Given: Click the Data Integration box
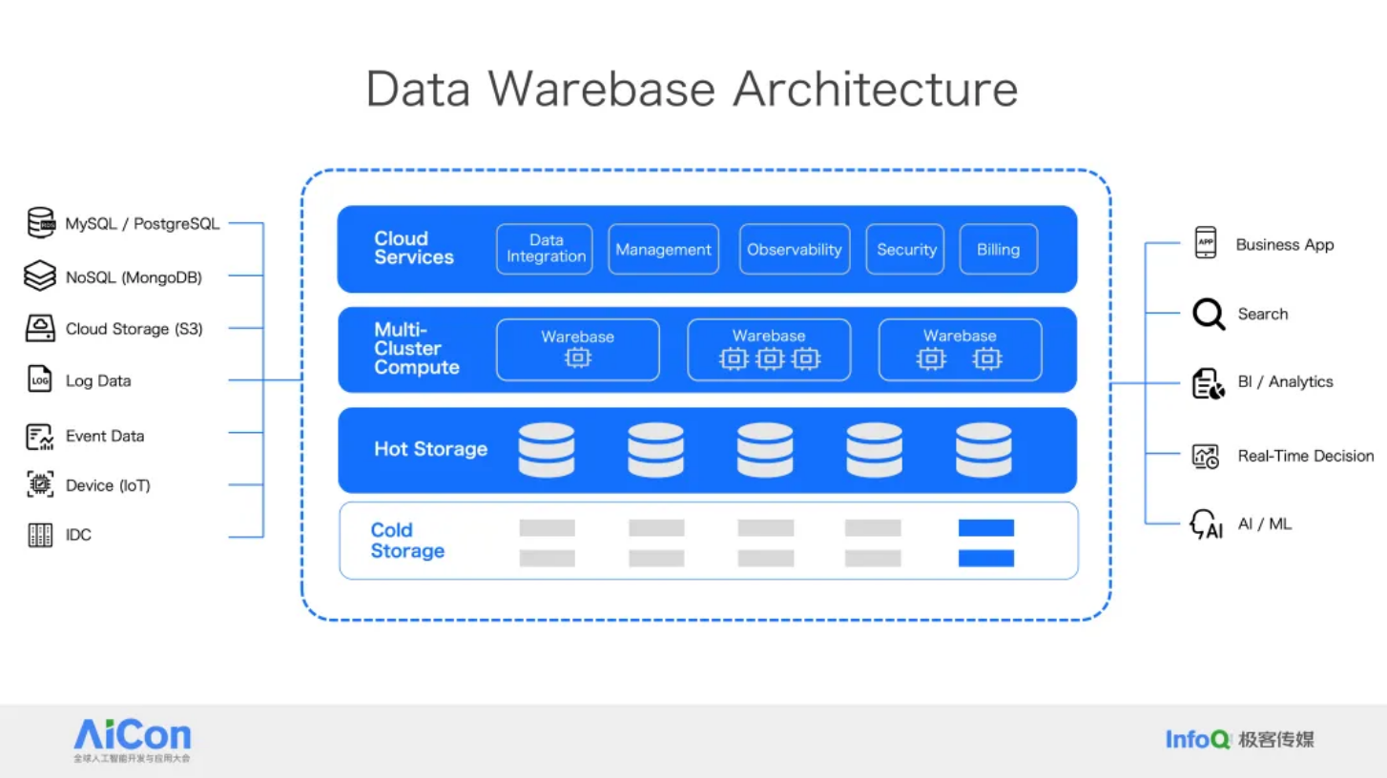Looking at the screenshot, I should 545,249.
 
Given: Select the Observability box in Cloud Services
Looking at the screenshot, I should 794,249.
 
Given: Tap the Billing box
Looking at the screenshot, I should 998,249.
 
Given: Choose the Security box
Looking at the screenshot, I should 905,249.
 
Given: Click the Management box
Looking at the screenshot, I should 663,249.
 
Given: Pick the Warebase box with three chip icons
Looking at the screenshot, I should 769,350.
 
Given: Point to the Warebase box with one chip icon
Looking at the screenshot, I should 577,350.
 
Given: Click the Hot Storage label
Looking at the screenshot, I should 430,449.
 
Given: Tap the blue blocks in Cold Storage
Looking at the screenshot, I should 985,543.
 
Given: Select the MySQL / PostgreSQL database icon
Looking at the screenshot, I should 40,223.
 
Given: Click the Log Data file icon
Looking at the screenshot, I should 40,379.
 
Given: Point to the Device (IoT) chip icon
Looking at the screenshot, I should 40,484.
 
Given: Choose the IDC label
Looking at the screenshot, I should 78,535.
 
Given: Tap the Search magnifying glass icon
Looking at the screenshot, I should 1208,314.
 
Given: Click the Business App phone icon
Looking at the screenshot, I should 1205,243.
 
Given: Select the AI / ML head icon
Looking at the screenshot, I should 1206,524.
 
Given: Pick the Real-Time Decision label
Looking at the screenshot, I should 1305,456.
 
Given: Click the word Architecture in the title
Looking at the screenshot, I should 875,89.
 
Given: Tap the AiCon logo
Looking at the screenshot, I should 133,738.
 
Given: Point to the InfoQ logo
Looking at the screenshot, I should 1197,739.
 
